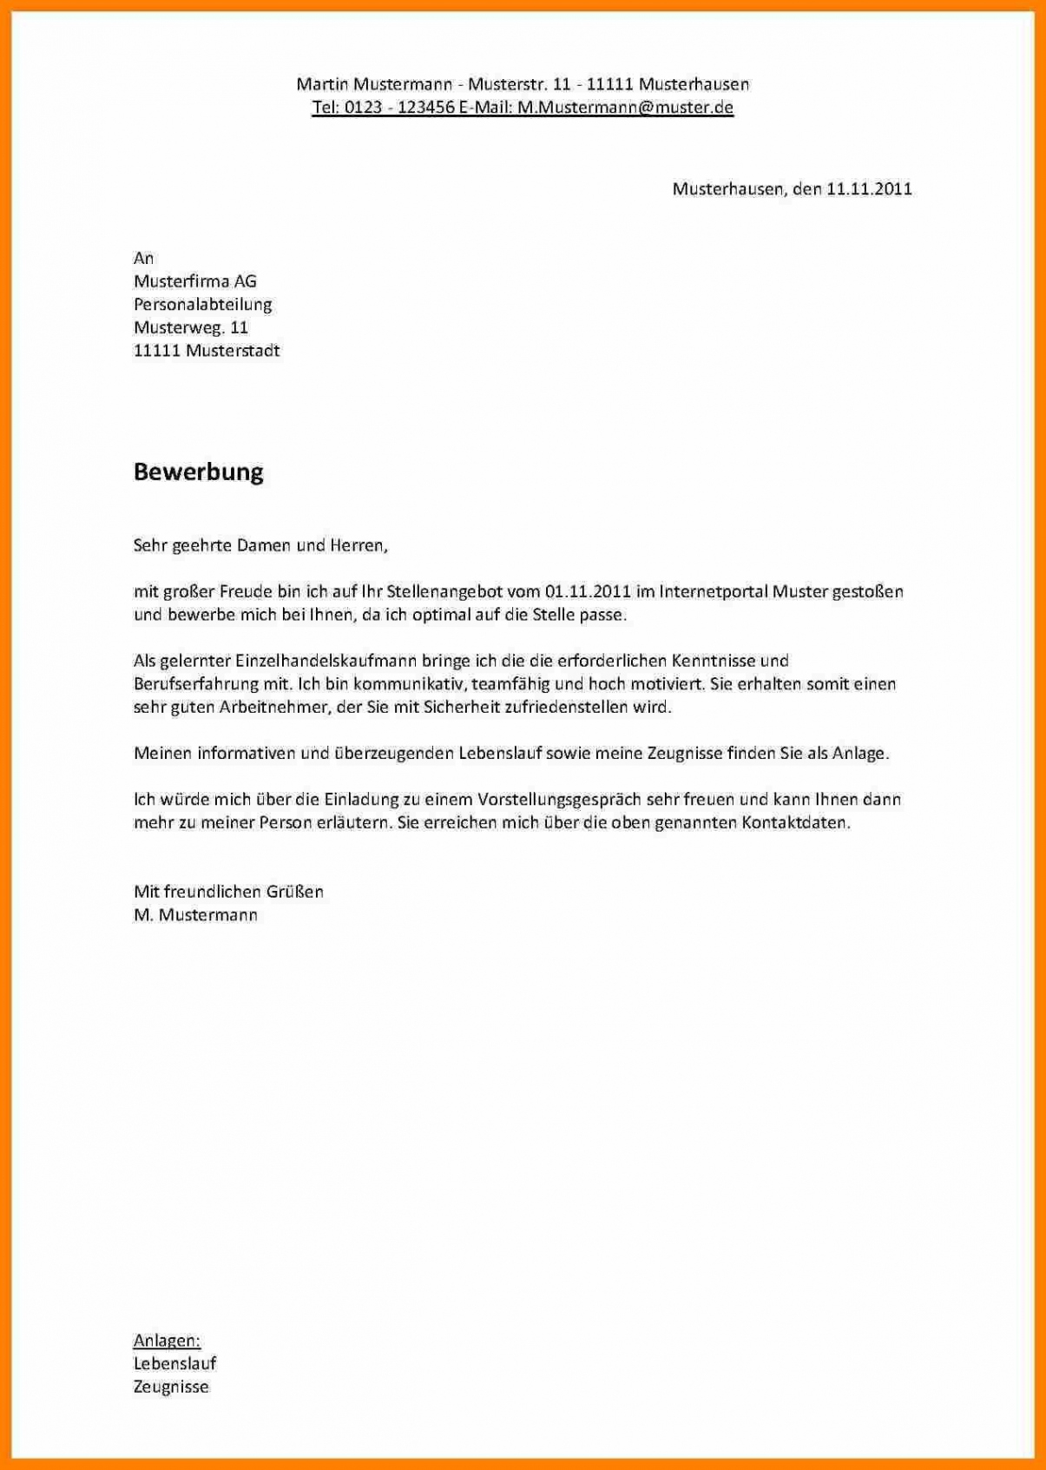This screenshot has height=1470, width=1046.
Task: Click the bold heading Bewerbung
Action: pyautogui.click(x=198, y=471)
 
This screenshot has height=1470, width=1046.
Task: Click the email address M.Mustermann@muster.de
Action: pyautogui.click(x=625, y=107)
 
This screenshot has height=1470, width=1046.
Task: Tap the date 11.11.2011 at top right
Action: pyautogui.click(x=868, y=188)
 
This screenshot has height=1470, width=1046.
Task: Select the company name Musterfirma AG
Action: pyautogui.click(x=194, y=280)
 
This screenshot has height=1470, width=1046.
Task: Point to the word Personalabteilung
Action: pyautogui.click(x=202, y=304)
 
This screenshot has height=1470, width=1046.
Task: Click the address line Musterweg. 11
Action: pyautogui.click(x=190, y=327)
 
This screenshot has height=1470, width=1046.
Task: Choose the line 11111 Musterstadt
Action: pyautogui.click(x=206, y=351)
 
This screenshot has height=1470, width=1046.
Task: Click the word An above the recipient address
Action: pyautogui.click(x=143, y=258)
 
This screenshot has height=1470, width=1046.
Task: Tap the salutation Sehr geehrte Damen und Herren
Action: pyautogui.click(x=260, y=545)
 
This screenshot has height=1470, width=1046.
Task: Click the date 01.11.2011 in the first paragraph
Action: pyautogui.click(x=588, y=591)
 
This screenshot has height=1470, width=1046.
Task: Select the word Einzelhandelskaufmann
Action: pyautogui.click(x=314, y=661)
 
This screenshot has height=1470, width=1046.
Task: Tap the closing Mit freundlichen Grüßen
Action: pyautogui.click(x=228, y=891)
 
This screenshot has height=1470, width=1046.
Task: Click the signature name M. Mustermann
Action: pyautogui.click(x=195, y=914)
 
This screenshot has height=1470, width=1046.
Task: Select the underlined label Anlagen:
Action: pyautogui.click(x=167, y=1341)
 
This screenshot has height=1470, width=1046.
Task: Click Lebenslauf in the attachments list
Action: pyautogui.click(x=174, y=1363)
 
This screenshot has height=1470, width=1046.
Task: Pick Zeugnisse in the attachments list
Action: pyautogui.click(x=171, y=1387)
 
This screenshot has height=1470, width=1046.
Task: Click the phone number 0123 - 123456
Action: pyautogui.click(x=399, y=107)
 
